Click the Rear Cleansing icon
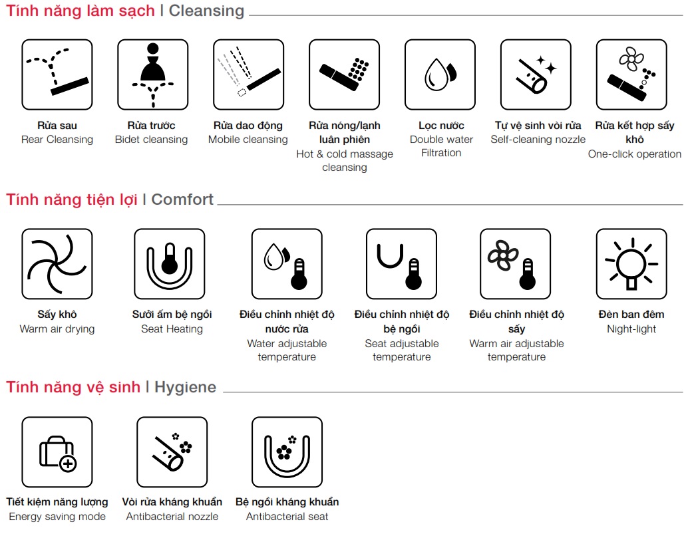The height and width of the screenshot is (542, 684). (57, 74)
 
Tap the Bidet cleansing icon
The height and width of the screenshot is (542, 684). (152, 74)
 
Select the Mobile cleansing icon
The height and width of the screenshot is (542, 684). (249, 74)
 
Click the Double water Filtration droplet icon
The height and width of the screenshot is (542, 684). (440, 74)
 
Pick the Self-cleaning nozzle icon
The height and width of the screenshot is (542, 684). (536, 74)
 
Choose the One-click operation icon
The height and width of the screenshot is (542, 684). (631, 74)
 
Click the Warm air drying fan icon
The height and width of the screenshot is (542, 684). (57, 264)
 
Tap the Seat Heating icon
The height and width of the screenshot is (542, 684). (170, 264)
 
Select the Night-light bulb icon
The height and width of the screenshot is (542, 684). (631, 264)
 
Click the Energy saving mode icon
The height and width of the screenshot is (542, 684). (57, 452)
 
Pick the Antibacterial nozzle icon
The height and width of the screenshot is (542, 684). (172, 452)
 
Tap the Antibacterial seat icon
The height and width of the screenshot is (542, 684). (287, 452)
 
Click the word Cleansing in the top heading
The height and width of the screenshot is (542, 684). (206, 11)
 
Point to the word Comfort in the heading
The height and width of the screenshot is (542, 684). (182, 200)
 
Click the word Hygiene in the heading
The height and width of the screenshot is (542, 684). (186, 387)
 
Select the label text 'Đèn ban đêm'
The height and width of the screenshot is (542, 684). (631, 314)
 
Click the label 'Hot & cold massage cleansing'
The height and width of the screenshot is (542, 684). (345, 160)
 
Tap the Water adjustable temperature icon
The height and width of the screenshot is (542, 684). (287, 264)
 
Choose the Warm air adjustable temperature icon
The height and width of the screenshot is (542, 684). (515, 264)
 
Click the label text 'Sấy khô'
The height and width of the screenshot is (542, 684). (57, 314)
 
